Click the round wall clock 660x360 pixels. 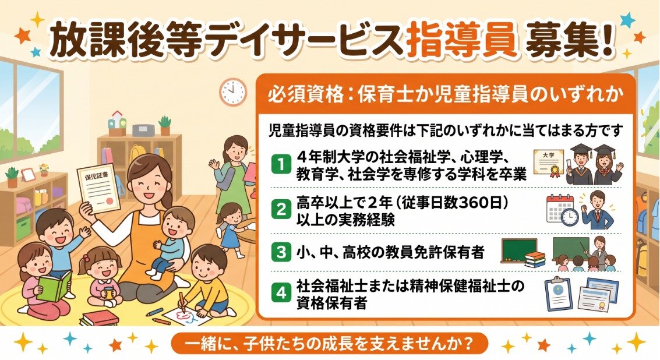click(x=232, y=92)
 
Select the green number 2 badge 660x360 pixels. click(x=281, y=209)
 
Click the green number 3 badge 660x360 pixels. click(x=281, y=252)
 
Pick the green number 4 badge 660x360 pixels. click(x=281, y=292)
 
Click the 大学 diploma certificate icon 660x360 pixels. click(x=549, y=163)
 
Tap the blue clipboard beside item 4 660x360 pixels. click(x=558, y=294)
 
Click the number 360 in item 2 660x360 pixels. click(x=464, y=203)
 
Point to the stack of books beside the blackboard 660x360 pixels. click(x=535, y=259)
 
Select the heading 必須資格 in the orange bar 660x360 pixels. click(x=306, y=95)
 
